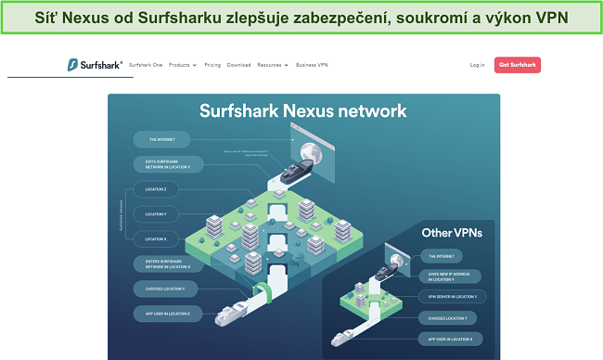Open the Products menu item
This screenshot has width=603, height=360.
[x=182, y=65]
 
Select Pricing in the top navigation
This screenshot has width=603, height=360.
[x=212, y=65]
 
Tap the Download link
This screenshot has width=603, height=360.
[x=238, y=65]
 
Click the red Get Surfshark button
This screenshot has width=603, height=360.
[x=518, y=65]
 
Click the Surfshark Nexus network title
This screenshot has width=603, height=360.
[x=302, y=110]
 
